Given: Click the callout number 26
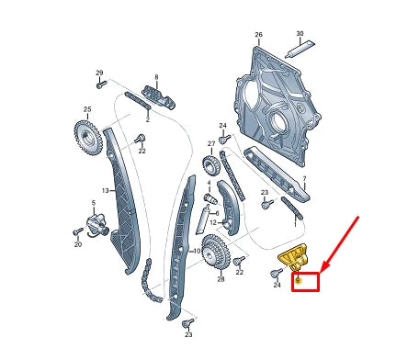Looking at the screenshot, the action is click(258, 35).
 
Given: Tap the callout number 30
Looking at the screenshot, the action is click(299, 34).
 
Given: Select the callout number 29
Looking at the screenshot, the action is click(99, 73).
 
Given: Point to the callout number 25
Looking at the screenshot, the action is click(87, 110).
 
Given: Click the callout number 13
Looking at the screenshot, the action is click(105, 190).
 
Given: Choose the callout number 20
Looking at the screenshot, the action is click(77, 245).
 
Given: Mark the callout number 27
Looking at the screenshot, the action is click(211, 144).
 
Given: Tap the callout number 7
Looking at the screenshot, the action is click(305, 180).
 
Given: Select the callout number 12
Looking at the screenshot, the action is click(213, 222).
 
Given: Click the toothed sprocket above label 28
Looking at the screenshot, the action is click(214, 249).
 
